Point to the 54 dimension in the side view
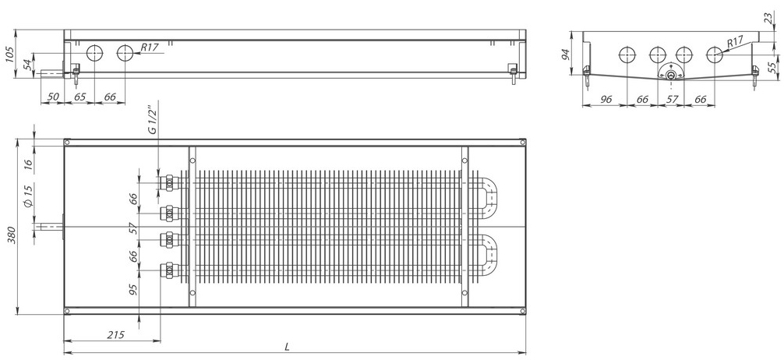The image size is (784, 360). pos(29,63)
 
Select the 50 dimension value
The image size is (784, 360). pos(52,96)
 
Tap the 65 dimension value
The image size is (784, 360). pos(79,96)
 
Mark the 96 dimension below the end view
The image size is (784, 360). pos(606,99)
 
